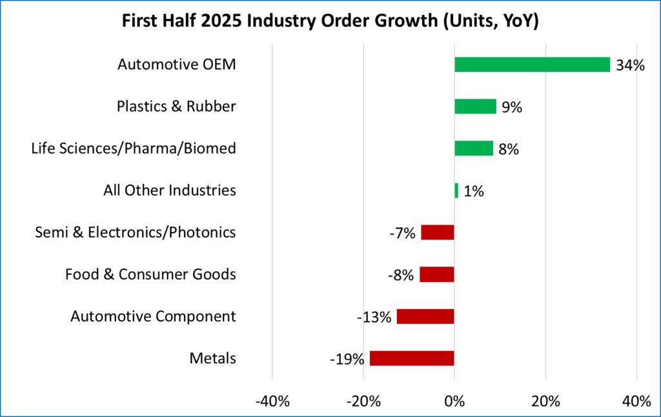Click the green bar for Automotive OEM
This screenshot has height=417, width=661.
532,65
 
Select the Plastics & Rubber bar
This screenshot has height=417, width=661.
475,107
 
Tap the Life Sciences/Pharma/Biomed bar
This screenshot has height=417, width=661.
474,148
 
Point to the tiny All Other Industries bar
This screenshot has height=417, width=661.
456,190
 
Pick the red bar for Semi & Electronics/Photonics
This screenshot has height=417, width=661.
438,232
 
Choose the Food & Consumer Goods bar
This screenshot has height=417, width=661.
437,274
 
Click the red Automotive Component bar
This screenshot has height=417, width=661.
425,316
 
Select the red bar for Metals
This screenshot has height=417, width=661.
412,358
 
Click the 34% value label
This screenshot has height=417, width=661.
630,65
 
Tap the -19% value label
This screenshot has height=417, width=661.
349,359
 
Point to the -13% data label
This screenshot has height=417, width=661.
374,317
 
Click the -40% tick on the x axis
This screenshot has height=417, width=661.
272,401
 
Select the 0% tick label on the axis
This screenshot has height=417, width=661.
454,401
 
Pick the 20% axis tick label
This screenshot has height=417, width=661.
545,401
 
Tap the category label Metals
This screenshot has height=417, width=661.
212,359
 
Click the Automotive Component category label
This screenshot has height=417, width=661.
153,317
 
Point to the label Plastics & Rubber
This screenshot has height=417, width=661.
176,107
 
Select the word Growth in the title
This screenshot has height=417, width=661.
423,22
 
